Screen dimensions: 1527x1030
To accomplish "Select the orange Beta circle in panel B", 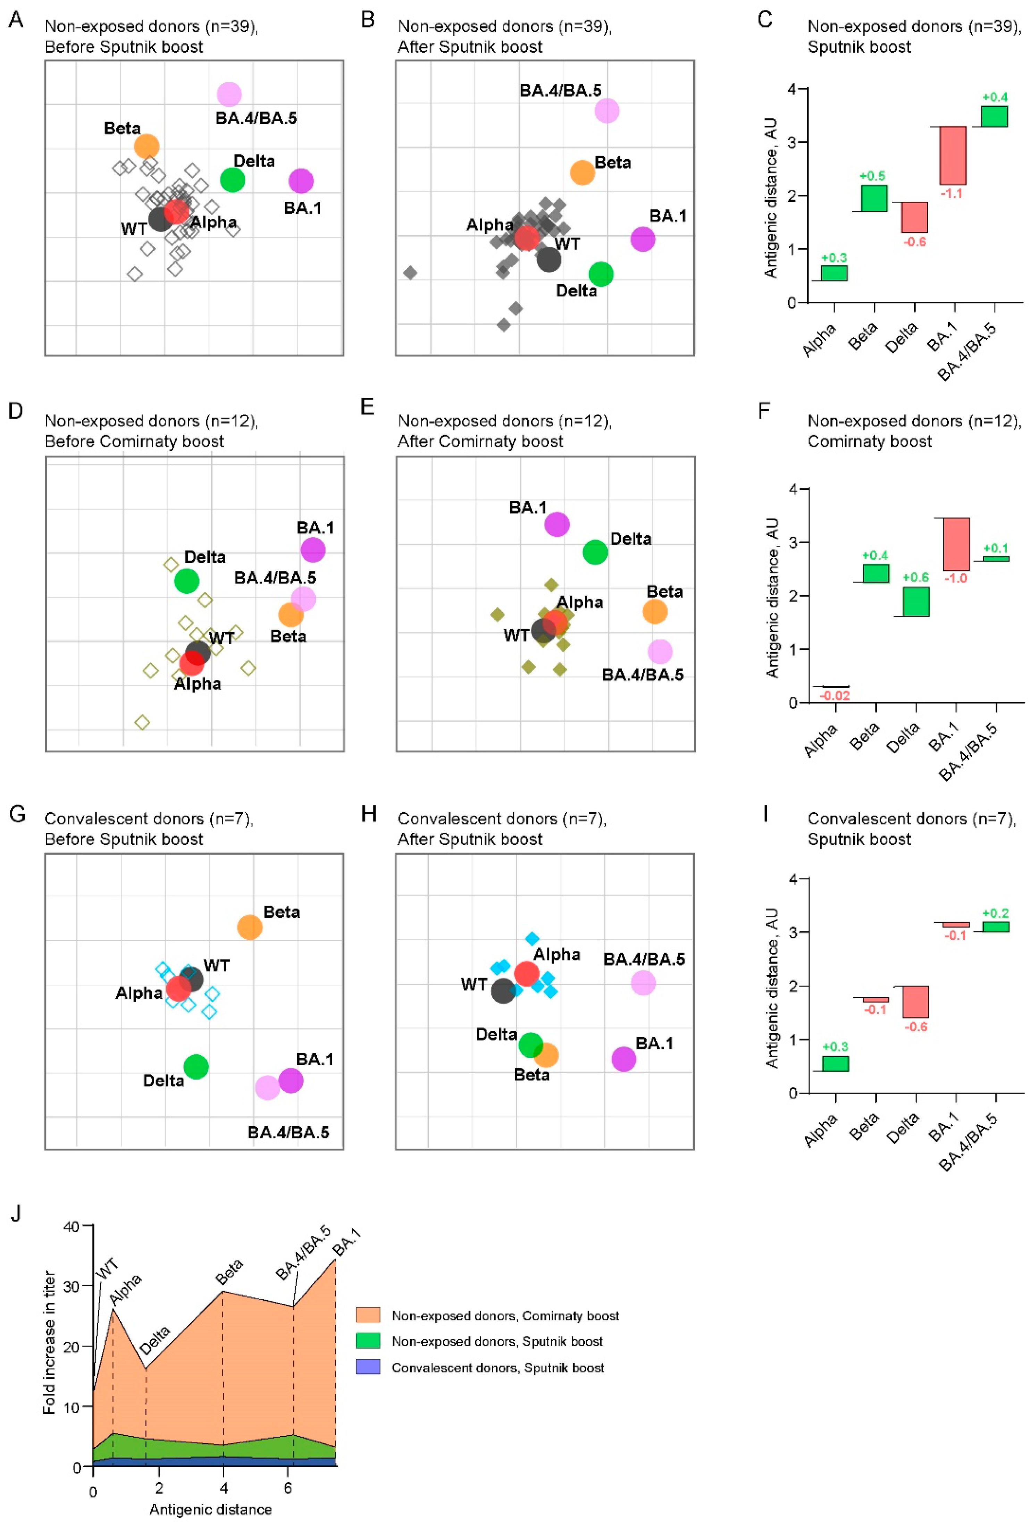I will pyautogui.click(x=582, y=173).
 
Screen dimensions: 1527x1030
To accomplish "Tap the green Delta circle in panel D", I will pyautogui.click(x=186, y=581).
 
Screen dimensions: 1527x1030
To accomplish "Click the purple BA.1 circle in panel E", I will pyautogui.click(x=556, y=524).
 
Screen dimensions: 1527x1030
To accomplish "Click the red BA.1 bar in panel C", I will pyautogui.click(x=953, y=155).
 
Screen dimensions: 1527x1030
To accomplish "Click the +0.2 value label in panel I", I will pyautogui.click(x=995, y=913).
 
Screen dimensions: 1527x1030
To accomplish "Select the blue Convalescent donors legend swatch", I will pyautogui.click(x=368, y=1367).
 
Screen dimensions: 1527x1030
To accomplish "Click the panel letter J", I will pyautogui.click(x=16, y=1213).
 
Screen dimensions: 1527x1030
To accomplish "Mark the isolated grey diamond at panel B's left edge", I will pyautogui.click(x=410, y=272).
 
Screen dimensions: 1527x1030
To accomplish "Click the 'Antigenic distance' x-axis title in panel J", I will pyautogui.click(x=210, y=1509).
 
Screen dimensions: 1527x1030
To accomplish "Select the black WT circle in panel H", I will pyautogui.click(x=503, y=990).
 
